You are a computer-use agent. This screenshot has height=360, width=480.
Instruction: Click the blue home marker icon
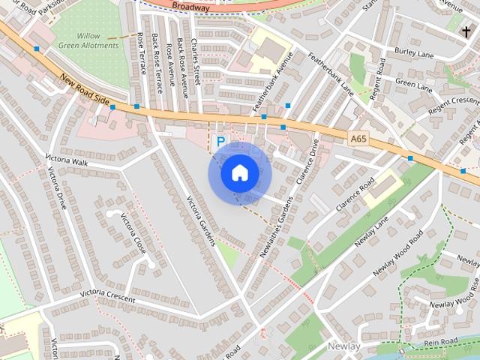click(x=239, y=173)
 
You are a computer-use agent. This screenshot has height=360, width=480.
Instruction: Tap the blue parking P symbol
click(x=220, y=140)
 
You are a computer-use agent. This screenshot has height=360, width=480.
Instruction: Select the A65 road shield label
click(x=358, y=138)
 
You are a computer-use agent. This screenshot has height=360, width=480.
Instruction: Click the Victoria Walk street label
click(x=67, y=160)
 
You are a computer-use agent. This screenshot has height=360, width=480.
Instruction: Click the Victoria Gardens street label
click(x=201, y=221)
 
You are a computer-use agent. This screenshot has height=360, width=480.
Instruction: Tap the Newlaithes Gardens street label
click(x=275, y=226)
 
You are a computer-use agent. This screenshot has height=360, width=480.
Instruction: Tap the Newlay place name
click(x=343, y=346)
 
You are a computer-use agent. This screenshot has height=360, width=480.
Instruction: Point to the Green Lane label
click(x=414, y=85)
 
